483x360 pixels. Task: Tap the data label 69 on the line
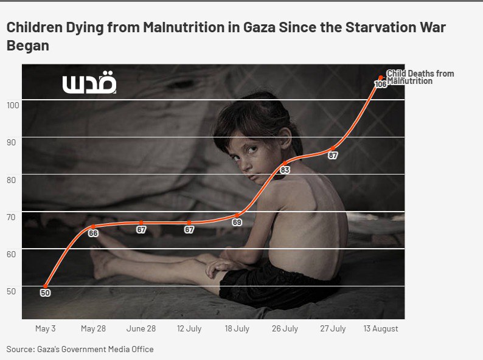237,222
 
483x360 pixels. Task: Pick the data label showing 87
333,155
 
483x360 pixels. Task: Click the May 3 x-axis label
46,328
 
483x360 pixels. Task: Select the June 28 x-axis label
141,328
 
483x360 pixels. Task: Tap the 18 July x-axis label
237,328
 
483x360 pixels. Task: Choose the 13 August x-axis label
381,328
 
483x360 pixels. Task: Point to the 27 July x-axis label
333,328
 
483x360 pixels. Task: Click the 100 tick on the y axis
13,105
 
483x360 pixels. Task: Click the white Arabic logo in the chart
89,84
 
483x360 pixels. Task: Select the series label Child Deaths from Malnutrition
420,77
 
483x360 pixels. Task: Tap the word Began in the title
27,46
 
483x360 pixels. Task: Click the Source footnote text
80,349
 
